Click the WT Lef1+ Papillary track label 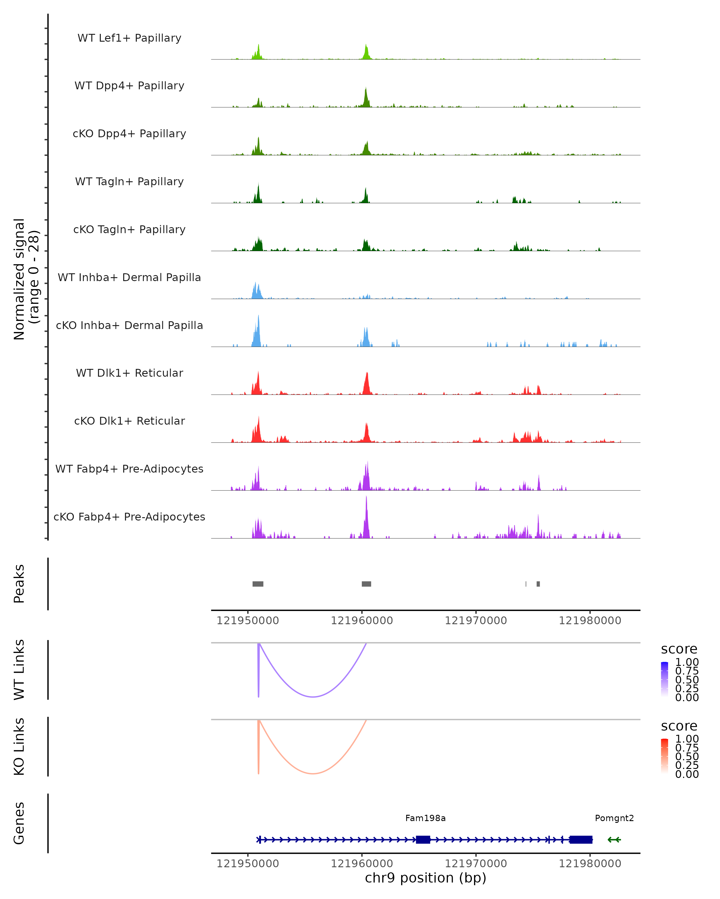point(129,38)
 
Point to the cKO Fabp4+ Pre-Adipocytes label point(129,517)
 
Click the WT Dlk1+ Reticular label point(129,373)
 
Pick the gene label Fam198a point(425,818)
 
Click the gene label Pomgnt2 point(614,818)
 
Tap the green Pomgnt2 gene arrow point(614,840)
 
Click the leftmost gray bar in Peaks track point(258,584)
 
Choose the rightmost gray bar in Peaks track point(538,584)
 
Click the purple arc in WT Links point(313,696)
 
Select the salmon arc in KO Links point(313,773)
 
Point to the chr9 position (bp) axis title point(425,878)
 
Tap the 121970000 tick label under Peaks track point(475,621)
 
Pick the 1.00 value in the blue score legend point(687,662)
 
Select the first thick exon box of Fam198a point(423,840)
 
